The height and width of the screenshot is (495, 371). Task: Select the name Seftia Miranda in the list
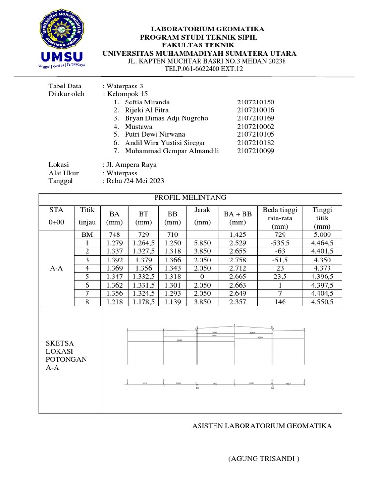pos(147,102)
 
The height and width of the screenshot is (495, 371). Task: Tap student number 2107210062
pos(256,126)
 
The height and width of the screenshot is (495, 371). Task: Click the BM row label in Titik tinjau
pos(87,234)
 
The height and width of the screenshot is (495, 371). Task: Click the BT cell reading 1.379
pos(143,260)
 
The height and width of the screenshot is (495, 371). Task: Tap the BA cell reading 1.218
pos(114,302)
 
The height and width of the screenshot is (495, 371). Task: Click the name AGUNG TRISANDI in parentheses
pos(264,459)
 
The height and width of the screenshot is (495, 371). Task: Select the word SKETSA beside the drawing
pos(56,343)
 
